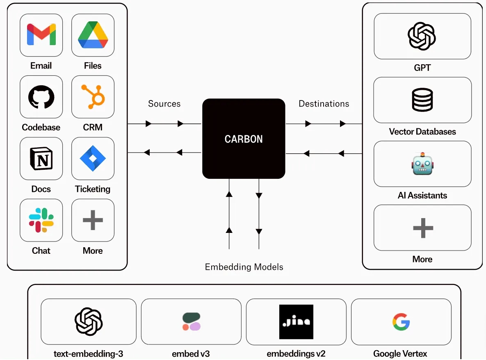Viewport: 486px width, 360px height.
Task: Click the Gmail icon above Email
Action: (41, 34)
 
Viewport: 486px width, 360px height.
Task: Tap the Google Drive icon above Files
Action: (93, 35)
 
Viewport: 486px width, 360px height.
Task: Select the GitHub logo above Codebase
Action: (41, 97)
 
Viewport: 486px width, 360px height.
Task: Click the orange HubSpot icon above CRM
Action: (93, 97)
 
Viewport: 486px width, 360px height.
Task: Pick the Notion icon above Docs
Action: (41, 158)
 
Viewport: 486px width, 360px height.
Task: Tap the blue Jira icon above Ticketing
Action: (93, 158)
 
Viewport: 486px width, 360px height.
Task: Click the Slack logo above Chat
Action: (41, 220)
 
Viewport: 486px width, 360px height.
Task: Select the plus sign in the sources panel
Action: (93, 220)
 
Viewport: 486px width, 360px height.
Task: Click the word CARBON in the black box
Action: (244, 139)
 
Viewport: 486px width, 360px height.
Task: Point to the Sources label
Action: (164, 103)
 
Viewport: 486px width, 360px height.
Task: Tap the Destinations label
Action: (324, 103)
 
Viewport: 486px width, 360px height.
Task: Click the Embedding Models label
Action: (244, 267)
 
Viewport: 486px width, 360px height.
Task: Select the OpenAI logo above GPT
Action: (422, 36)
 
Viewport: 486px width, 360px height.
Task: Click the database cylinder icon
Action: (422, 100)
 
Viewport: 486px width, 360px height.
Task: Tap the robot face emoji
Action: (422, 164)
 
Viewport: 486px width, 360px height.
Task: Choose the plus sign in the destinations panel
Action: (423, 228)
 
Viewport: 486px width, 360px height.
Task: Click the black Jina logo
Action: (296, 321)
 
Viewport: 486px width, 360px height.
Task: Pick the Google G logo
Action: (401, 321)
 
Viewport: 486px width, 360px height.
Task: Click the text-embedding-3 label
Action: (88, 353)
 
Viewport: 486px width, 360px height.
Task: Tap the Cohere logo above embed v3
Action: (191, 321)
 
